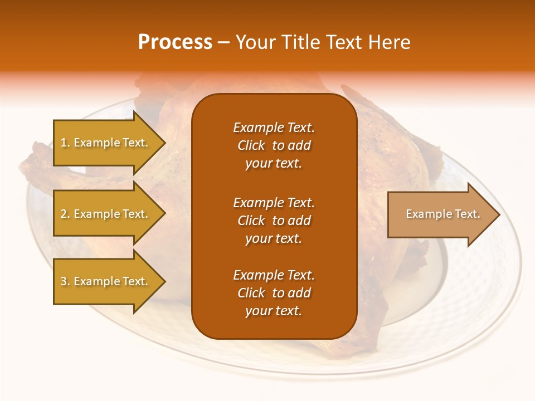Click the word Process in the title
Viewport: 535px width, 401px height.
tap(175, 42)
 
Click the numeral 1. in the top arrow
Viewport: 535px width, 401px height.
tap(65, 143)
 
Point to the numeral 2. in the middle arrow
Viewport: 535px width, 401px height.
tap(65, 214)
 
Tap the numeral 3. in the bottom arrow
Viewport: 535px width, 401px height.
tap(65, 281)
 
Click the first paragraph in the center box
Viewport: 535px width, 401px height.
tap(274, 145)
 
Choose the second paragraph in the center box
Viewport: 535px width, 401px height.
tap(274, 221)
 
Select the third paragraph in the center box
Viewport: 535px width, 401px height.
tap(274, 293)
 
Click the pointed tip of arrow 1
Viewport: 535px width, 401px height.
tap(164, 143)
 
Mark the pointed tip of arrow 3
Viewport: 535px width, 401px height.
tap(164, 281)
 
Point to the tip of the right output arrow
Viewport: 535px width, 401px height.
tap(498, 214)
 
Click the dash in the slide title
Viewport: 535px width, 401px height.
tap(223, 42)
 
